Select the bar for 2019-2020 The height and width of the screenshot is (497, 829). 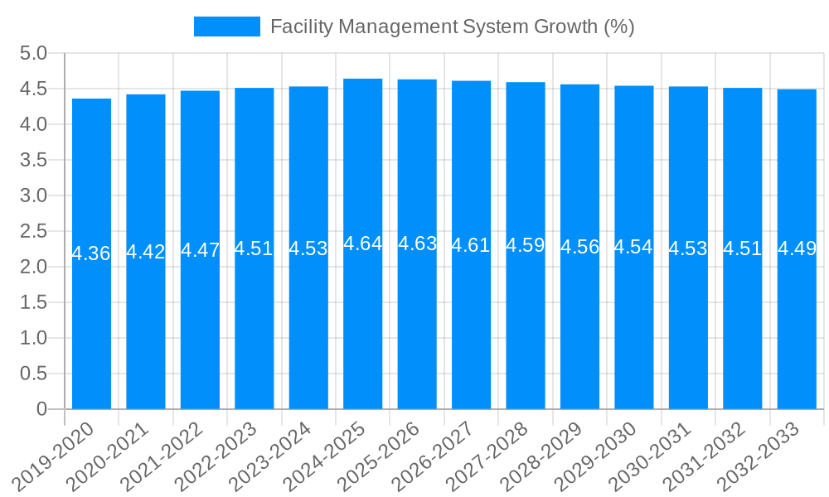[91, 331]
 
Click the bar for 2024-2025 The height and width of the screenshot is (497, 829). [363, 331]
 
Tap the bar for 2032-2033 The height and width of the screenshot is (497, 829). [797, 331]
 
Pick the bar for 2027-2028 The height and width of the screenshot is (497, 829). [526, 331]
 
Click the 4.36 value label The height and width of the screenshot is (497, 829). [91, 253]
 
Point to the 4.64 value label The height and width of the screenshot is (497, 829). [363, 244]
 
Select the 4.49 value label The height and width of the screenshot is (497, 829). [797, 248]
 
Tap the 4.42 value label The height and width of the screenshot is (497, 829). [146, 252]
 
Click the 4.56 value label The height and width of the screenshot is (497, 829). [580, 247]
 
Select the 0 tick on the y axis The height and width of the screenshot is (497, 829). [42, 409]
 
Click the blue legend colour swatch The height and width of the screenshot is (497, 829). [226, 27]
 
